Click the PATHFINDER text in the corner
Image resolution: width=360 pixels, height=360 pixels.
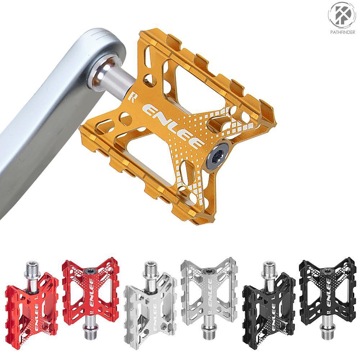coord(342,32)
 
